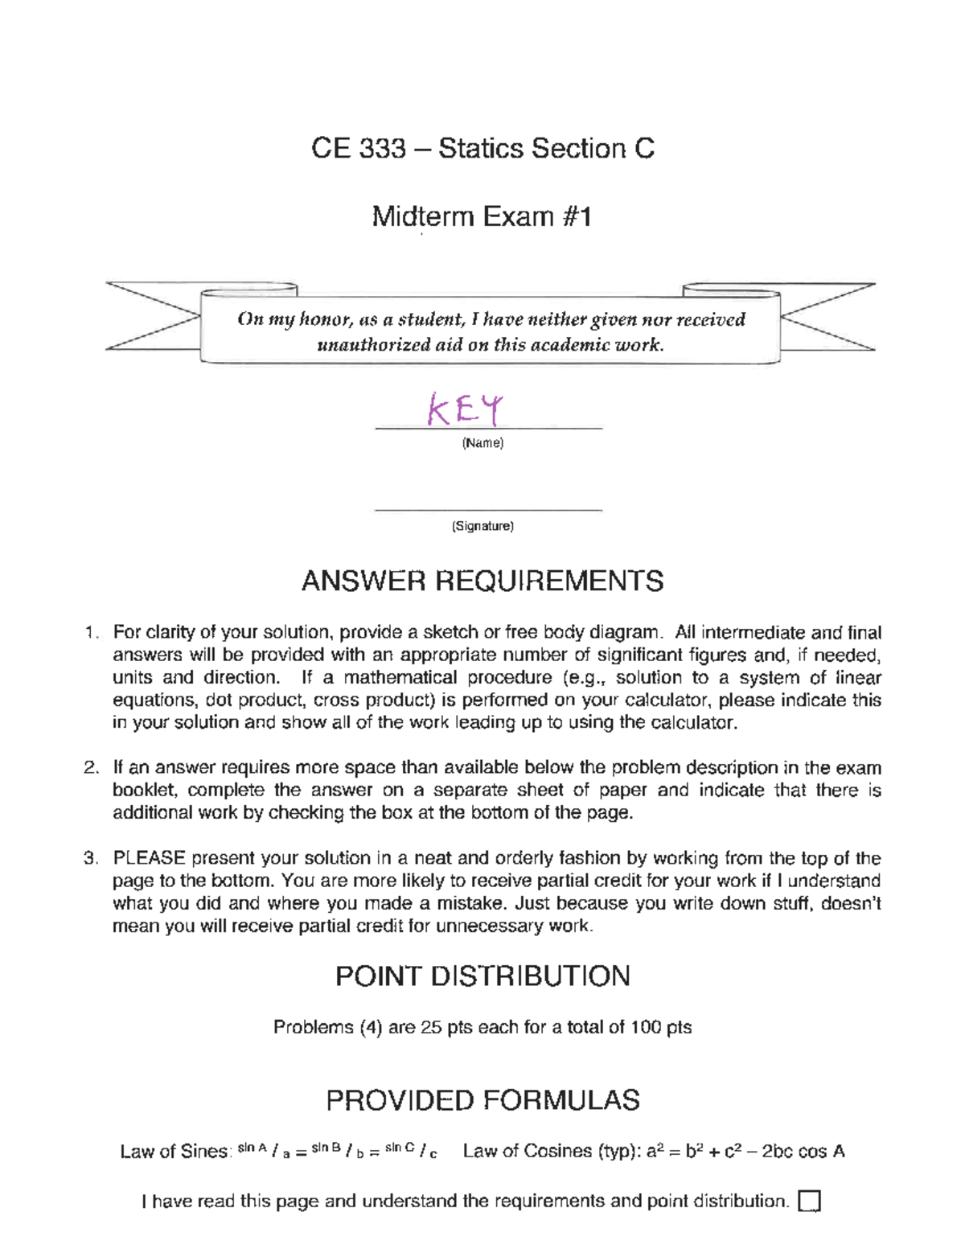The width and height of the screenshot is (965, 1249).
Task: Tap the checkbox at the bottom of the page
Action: click(809, 1202)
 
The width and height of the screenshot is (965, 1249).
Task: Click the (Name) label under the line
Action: click(482, 443)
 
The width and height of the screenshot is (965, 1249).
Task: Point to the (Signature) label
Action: click(482, 526)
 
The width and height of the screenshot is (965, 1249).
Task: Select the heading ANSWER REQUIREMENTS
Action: click(482, 581)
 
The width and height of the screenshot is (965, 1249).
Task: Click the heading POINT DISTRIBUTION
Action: click(482, 976)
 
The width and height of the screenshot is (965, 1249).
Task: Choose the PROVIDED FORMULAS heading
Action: click(482, 1100)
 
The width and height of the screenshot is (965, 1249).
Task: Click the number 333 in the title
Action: click(382, 149)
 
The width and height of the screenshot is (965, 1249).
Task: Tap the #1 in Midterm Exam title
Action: click(577, 217)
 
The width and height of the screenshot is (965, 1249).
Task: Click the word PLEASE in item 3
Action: click(150, 858)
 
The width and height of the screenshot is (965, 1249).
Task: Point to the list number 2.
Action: click(90, 768)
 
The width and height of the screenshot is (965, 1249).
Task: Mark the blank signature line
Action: click(488, 509)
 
